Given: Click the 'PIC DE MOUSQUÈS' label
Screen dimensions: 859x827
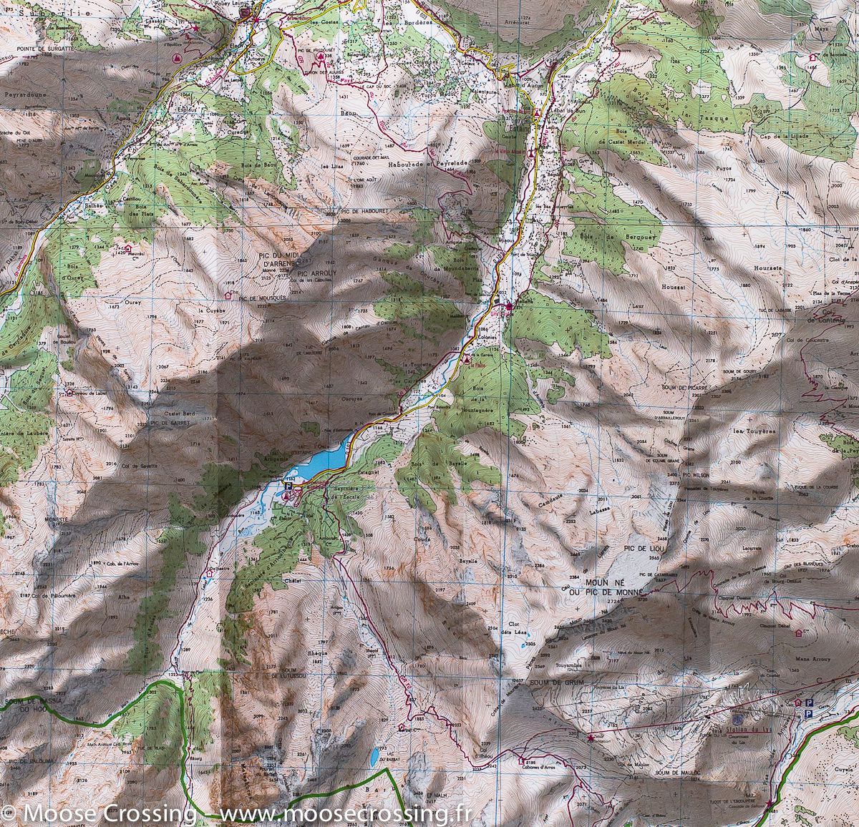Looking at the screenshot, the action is pyautogui.click(x=263, y=297).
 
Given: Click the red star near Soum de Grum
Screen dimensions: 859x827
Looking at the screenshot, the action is pyautogui.click(x=590, y=736).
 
